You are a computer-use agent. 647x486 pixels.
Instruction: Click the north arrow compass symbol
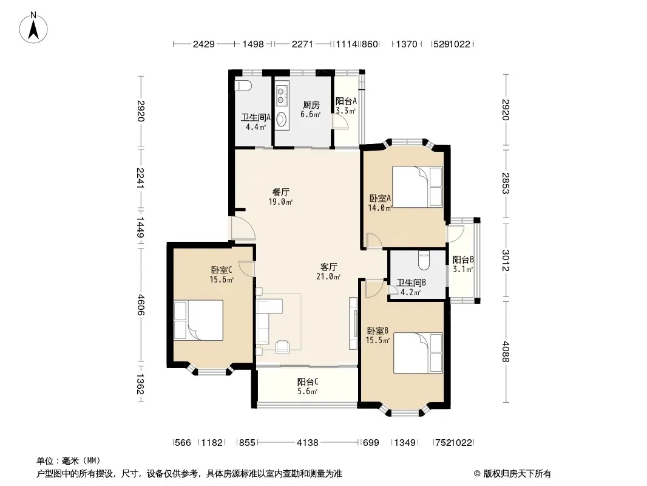pyautogui.click(x=33, y=28)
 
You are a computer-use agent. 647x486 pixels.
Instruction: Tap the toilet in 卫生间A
pyautogui.click(x=243, y=86)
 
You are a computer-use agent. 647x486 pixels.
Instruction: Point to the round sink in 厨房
pyautogui.click(x=282, y=119)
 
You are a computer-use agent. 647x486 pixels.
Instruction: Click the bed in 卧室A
pyautogui.click(x=417, y=187)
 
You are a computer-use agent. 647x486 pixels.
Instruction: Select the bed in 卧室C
pyautogui.click(x=198, y=320)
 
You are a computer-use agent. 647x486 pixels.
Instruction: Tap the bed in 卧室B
pyautogui.click(x=418, y=354)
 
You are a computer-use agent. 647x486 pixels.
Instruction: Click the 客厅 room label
pyautogui.click(x=328, y=267)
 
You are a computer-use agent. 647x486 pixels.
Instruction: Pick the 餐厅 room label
pyautogui.click(x=281, y=192)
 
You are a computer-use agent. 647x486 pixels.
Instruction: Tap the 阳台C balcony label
pyautogui.click(x=307, y=382)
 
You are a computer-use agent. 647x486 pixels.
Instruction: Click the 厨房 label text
pyautogui.click(x=311, y=105)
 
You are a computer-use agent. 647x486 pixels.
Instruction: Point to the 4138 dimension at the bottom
pyautogui.click(x=307, y=443)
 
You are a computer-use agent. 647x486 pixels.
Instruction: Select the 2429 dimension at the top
pyautogui.click(x=204, y=44)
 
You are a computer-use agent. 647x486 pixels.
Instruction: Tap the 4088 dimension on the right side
pyautogui.click(x=506, y=352)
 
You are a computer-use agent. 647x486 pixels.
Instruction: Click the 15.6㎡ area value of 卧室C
pyautogui.click(x=222, y=279)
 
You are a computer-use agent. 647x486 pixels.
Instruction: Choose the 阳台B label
pyautogui.click(x=463, y=260)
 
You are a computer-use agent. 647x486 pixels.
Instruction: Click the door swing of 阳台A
pyautogui.click(x=340, y=123)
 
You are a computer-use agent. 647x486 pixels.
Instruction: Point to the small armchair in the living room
pyautogui.click(x=283, y=347)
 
